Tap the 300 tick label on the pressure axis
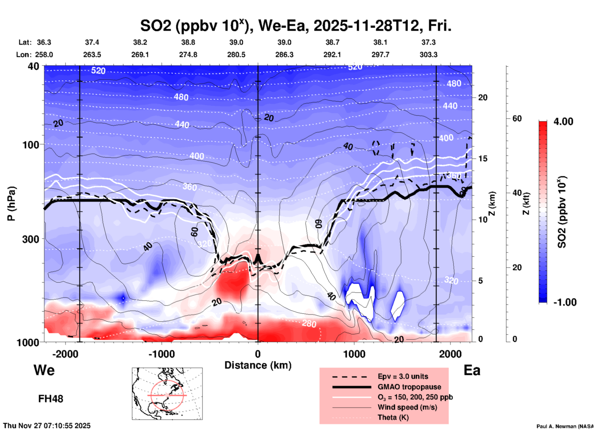tap(31, 239)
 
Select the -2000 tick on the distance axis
tap(65, 354)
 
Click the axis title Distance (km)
tap(258, 365)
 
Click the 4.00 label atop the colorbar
tap(563, 122)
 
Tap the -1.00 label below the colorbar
tap(565, 302)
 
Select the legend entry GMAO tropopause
tap(409, 387)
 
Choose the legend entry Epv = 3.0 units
tap(403, 376)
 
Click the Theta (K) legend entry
tap(393, 417)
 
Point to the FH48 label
tap(51, 399)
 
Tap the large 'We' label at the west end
tap(44, 370)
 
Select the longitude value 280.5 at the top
tap(236, 55)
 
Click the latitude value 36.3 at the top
tap(44, 42)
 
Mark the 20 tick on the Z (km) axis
tap(483, 98)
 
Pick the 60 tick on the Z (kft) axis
tap(517, 118)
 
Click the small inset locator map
tap(167, 393)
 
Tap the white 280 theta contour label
tap(309, 324)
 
